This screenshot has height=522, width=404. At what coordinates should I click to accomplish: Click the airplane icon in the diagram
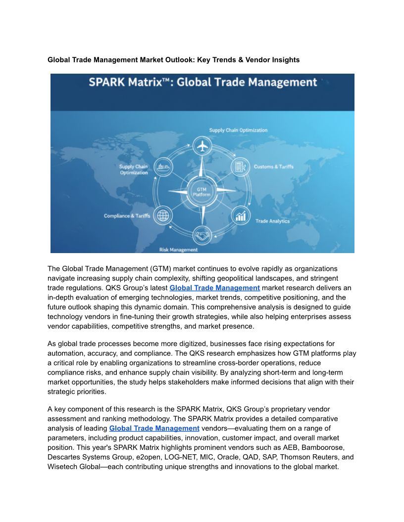202,147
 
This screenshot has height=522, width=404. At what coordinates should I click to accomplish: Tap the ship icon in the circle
163,167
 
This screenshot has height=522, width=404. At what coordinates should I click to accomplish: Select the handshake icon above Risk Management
202,236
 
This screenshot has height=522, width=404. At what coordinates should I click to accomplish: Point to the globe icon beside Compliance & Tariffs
163,216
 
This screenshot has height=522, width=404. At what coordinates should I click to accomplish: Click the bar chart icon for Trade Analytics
241,216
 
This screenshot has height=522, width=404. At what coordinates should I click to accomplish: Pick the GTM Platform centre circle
202,191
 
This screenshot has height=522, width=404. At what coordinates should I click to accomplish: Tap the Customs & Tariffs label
274,167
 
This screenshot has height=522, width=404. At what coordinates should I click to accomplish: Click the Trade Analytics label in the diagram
272,221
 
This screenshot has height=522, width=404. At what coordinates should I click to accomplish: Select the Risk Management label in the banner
178,250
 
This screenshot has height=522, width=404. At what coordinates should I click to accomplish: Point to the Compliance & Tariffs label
127,216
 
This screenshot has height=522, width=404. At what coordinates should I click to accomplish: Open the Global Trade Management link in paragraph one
214,288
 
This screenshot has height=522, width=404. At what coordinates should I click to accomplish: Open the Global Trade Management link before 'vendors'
154,428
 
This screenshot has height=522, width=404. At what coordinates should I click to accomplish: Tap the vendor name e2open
151,457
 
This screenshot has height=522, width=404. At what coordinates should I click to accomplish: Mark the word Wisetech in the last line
62,467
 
